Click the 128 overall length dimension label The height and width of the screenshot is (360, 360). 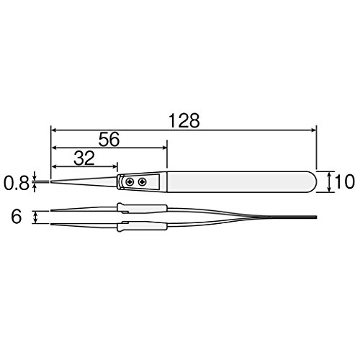pyautogui.click(x=184, y=120)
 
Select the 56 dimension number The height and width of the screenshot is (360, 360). pyautogui.click(x=109, y=140)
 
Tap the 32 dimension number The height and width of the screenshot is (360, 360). pyautogui.click(x=84, y=158)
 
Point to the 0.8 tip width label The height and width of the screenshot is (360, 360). pyautogui.click(x=16, y=183)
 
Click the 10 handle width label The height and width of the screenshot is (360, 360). pyautogui.click(x=344, y=181)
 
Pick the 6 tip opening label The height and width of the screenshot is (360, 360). pyautogui.click(x=17, y=217)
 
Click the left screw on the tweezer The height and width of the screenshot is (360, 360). pyautogui.click(x=130, y=181)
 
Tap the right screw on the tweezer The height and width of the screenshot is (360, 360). pyautogui.click(x=143, y=181)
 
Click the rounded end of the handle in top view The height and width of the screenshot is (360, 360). pyautogui.click(x=312, y=181)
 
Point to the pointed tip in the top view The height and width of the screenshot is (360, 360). pyautogui.click(x=51, y=181)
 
